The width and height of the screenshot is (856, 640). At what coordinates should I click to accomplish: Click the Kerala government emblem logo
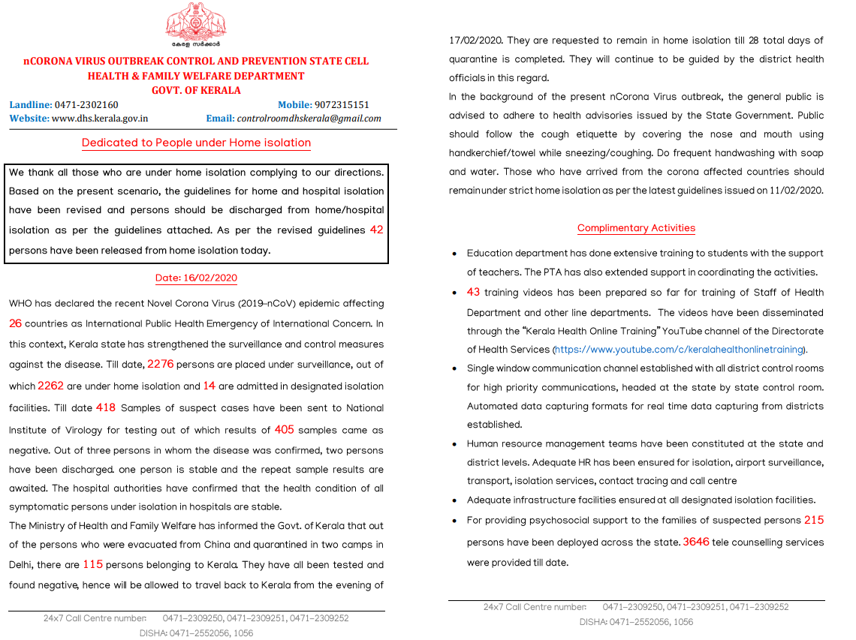pyautogui.click(x=196, y=23)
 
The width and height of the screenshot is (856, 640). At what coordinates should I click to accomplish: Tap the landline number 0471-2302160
pyautogui.click(x=87, y=105)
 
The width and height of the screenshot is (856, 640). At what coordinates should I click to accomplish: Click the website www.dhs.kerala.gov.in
pyautogui.click(x=100, y=119)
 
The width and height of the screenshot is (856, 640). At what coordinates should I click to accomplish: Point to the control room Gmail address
pyautogui.click(x=309, y=119)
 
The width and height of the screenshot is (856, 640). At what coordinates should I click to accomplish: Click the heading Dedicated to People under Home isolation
pyautogui.click(x=196, y=143)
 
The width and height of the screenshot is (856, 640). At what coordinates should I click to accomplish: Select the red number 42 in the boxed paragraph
pyautogui.click(x=376, y=230)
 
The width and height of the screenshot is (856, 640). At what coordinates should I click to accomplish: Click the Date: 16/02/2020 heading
pyautogui.click(x=196, y=278)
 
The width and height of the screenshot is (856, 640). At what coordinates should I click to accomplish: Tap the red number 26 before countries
pyautogui.click(x=16, y=324)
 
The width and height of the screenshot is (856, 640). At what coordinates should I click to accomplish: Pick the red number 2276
pyautogui.click(x=161, y=364)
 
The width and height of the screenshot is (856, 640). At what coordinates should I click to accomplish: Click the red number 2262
pyautogui.click(x=51, y=386)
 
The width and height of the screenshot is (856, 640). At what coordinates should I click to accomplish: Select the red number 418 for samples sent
pyautogui.click(x=106, y=408)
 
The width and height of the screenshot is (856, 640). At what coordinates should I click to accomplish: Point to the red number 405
pyautogui.click(x=285, y=430)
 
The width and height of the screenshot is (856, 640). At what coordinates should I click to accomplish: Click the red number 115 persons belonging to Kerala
pyautogui.click(x=93, y=564)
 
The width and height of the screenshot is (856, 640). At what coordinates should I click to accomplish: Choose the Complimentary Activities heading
pyautogui.click(x=636, y=228)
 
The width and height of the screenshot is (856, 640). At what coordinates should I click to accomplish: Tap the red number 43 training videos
pyautogui.click(x=473, y=293)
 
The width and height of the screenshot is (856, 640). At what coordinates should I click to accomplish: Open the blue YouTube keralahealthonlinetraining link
pyautogui.click(x=680, y=350)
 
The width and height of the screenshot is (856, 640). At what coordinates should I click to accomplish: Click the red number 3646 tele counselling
pyautogui.click(x=696, y=542)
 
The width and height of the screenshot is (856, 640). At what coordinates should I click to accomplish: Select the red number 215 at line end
pyautogui.click(x=813, y=520)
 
